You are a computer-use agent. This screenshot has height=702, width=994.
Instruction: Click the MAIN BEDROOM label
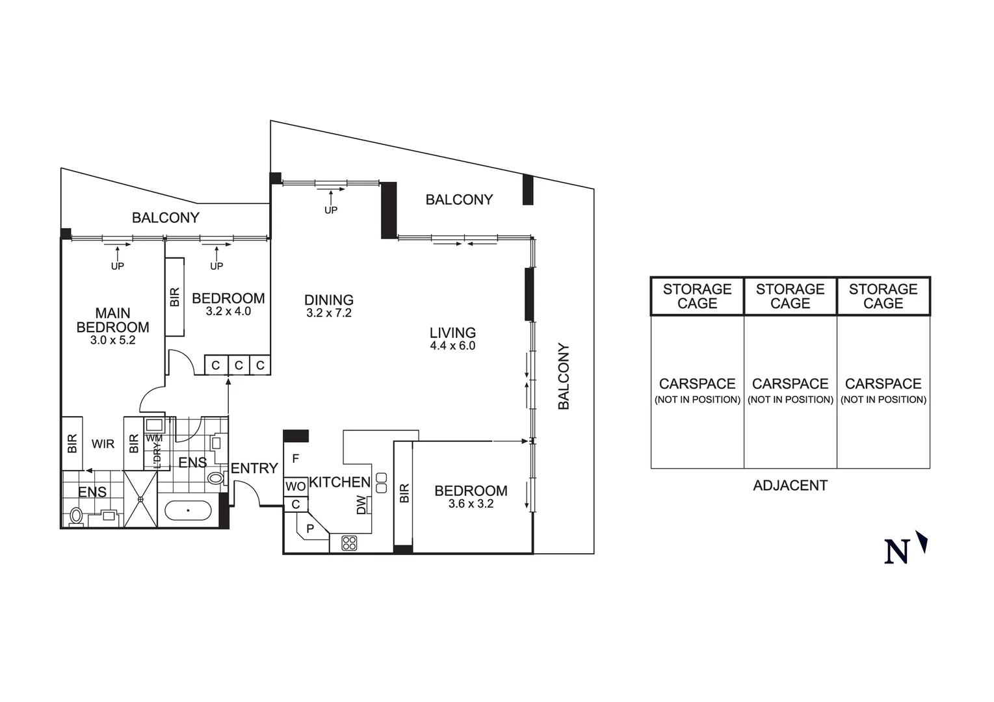point(112,320)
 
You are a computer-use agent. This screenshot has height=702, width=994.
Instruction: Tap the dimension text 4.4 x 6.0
point(452,346)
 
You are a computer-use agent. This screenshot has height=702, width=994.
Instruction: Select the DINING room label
point(329,300)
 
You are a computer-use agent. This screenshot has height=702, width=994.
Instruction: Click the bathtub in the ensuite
point(188,510)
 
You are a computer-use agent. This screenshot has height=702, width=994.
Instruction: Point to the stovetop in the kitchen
point(349,543)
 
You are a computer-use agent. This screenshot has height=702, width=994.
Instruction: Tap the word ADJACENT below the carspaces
point(790,486)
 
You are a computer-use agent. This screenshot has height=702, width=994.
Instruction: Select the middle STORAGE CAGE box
point(790,296)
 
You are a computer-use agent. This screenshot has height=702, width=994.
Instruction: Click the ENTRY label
point(254,468)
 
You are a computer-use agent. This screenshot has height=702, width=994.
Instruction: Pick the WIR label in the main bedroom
point(103,444)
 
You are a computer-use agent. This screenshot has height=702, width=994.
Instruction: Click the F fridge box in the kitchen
point(295,459)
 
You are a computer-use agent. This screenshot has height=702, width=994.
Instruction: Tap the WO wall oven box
point(295,486)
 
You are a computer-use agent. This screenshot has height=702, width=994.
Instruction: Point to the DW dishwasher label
point(362,505)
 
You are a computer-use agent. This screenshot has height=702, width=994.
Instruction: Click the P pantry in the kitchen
point(310,528)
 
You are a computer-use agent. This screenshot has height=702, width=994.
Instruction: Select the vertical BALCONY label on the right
point(564,376)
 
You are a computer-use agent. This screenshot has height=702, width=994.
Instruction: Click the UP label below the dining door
point(331,210)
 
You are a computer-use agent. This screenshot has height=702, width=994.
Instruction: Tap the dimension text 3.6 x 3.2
point(471,504)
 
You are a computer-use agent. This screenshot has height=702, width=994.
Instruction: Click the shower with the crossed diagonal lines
point(140,499)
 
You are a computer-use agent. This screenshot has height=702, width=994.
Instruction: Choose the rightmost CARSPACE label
point(883,383)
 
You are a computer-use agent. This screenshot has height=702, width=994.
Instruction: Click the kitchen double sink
point(381,482)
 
